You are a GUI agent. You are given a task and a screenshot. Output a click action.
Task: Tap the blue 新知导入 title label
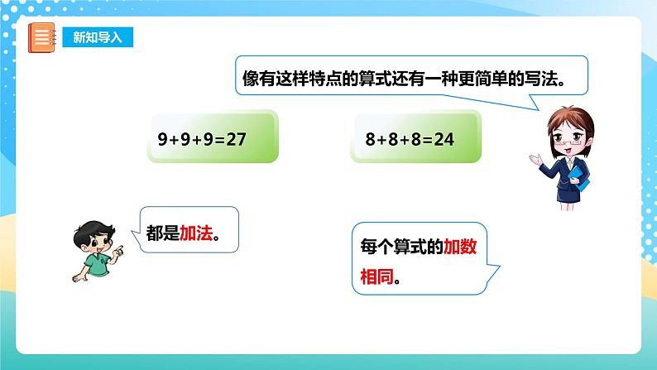click(x=97, y=38)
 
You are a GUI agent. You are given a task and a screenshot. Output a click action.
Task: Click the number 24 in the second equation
click(x=444, y=139)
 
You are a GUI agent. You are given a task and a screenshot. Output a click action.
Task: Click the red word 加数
click(x=462, y=247)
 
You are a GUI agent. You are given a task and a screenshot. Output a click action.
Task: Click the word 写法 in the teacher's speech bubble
click(x=547, y=78)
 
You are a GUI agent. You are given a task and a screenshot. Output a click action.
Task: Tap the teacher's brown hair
click(x=562, y=118)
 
